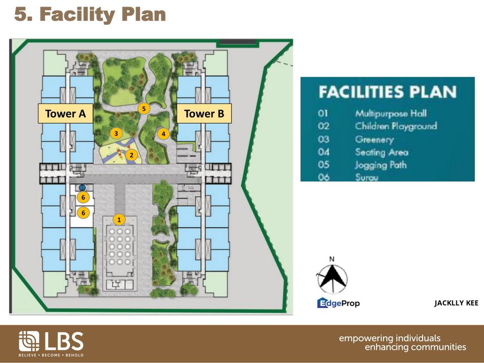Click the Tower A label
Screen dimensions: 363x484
[66, 114]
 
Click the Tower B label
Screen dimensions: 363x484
[204, 114]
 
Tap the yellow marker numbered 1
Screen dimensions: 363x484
[119, 219]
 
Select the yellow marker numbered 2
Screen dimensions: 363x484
[131, 155]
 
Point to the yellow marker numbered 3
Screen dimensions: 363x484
[116, 133]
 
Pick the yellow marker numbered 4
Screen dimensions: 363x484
[163, 134]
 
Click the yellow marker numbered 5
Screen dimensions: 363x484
[144, 108]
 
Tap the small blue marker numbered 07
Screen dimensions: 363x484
[82, 188]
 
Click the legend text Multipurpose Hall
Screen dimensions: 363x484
[388, 114]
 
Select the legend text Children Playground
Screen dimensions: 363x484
[395, 127]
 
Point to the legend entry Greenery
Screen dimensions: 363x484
[374, 139]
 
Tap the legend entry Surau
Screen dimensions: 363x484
[367, 177]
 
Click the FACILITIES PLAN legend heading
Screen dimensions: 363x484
[387, 92]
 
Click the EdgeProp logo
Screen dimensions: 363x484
[338, 303]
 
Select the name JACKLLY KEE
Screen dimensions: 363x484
[456, 303]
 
